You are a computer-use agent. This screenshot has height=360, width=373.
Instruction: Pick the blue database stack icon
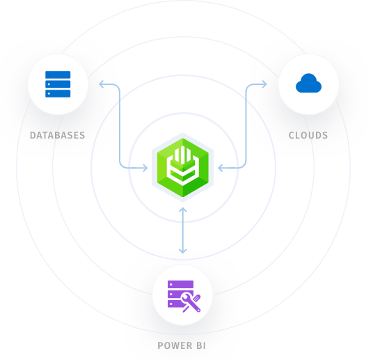point(58,85)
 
